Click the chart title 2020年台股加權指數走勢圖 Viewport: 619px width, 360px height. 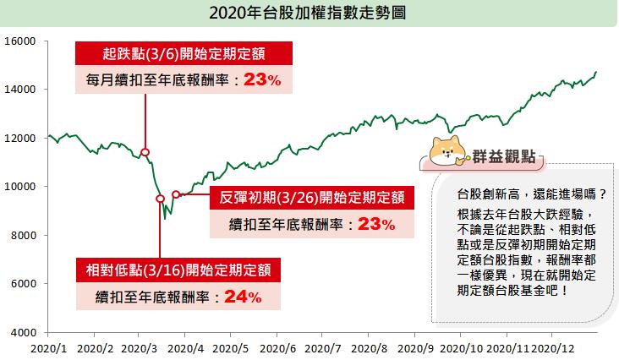tap(309, 14)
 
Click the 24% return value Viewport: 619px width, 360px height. tap(242, 297)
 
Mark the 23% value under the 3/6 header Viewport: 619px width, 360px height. tap(261, 80)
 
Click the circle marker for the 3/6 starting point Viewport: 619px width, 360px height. tap(145, 152)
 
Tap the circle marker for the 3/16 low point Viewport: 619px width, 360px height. tap(160, 199)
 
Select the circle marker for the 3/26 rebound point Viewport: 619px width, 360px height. tap(176, 194)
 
